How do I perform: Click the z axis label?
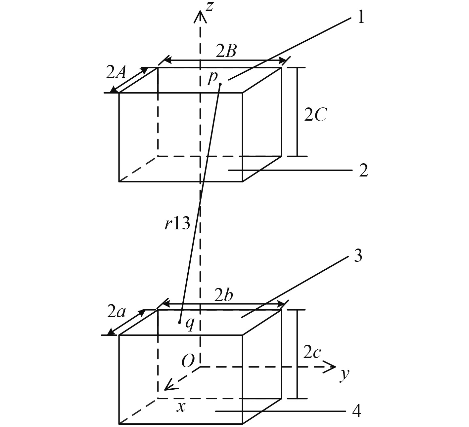(209, 7)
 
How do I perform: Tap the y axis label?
(345, 375)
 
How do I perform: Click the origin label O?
(188, 361)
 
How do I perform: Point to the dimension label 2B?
(226, 51)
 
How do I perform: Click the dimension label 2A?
(116, 72)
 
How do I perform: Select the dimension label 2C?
(315, 115)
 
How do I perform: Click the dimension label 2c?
(312, 353)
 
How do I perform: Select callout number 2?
(363, 171)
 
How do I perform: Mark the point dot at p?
(220, 84)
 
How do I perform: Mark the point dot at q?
(179, 322)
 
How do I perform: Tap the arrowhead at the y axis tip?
(332, 367)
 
